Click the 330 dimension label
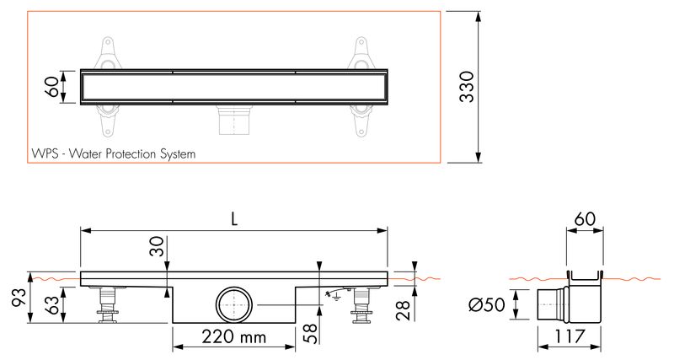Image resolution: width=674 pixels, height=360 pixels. (x=467, y=87)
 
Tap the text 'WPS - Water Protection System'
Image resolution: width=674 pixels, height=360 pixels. (x=114, y=153)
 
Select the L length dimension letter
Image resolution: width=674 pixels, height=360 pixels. (x=234, y=219)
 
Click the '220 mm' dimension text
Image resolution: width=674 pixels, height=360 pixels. (x=234, y=336)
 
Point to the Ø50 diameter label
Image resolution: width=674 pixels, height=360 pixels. (x=487, y=305)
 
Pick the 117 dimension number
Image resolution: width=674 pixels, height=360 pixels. (x=570, y=336)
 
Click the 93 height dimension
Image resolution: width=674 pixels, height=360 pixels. (x=19, y=297)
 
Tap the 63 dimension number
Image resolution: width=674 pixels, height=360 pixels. (x=54, y=305)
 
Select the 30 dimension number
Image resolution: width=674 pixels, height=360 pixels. (x=158, y=246)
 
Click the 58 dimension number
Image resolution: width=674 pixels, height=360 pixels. (x=313, y=334)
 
